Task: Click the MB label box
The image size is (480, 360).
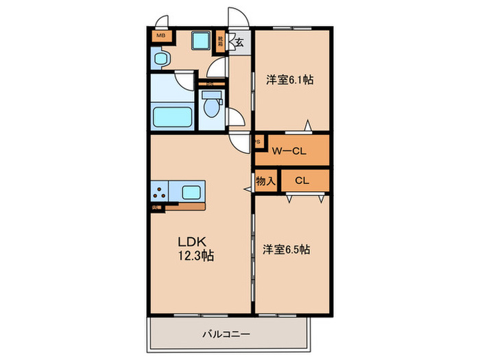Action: pyautogui.click(x=160, y=36)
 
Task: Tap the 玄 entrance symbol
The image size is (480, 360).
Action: pyautogui.click(x=239, y=43)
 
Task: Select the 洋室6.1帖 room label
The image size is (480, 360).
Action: pyautogui.click(x=290, y=80)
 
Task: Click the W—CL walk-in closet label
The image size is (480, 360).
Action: pyautogui.click(x=289, y=151)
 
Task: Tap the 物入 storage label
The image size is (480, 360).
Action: pyautogui.click(x=265, y=182)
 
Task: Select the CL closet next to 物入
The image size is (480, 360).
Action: pyautogui.click(x=302, y=181)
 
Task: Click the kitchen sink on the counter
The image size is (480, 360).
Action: pyautogui.click(x=191, y=191)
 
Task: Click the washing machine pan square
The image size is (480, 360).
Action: pyautogui.click(x=202, y=42)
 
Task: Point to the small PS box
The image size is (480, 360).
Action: pyautogui.click(x=258, y=143)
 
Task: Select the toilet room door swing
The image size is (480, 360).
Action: pyautogui.click(x=235, y=118)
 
